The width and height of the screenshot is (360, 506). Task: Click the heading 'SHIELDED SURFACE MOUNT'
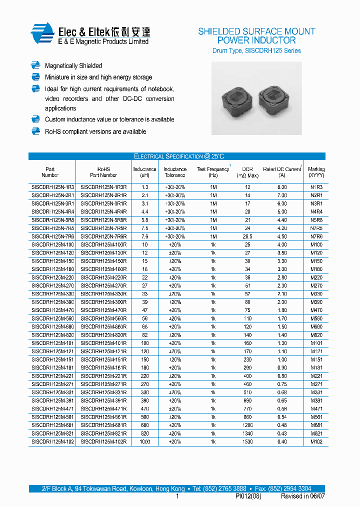(x=256, y=31)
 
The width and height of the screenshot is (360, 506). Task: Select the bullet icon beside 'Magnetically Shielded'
(x=35, y=65)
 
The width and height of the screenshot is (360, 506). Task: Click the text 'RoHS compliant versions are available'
(x=95, y=131)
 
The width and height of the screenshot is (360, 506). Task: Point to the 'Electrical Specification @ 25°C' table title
(x=176, y=156)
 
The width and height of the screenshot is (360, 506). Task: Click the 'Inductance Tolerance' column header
(x=174, y=172)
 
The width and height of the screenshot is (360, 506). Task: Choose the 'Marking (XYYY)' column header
(x=316, y=172)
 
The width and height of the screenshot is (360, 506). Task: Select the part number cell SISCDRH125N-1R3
(x=52, y=187)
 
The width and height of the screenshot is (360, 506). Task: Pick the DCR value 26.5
(x=247, y=236)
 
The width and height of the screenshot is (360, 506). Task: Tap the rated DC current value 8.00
(x=282, y=187)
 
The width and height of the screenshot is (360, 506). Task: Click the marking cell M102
(x=316, y=441)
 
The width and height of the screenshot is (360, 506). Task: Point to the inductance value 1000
(x=144, y=441)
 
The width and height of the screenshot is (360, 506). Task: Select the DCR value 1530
(x=247, y=441)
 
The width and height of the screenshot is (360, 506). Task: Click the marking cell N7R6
(x=316, y=236)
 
